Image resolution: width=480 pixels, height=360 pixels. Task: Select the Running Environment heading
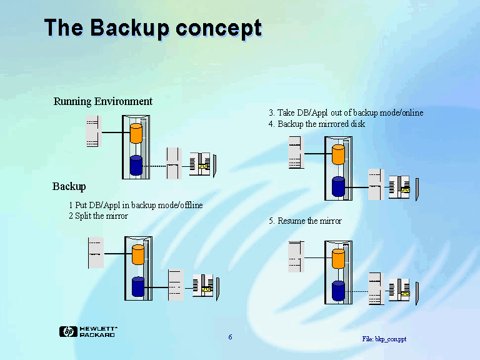(x=103, y=101)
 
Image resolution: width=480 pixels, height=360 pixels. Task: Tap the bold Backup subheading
(x=69, y=186)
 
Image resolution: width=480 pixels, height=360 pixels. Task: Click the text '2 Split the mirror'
(x=98, y=216)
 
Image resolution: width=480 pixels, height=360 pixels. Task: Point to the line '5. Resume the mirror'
(x=305, y=221)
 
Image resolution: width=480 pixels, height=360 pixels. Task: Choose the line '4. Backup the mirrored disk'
(x=317, y=124)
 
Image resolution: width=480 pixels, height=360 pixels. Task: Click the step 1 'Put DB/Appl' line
(x=136, y=205)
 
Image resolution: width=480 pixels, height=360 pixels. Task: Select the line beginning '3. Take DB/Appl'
(x=346, y=112)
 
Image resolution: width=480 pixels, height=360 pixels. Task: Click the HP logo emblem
(x=67, y=332)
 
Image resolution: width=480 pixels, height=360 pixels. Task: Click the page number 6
(x=230, y=337)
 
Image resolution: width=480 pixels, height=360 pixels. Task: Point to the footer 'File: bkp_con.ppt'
(x=384, y=339)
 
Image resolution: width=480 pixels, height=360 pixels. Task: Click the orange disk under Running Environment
(x=136, y=133)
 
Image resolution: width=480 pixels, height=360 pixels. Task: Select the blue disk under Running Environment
(x=136, y=166)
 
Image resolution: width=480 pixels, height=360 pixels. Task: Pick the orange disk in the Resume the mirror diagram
(x=338, y=258)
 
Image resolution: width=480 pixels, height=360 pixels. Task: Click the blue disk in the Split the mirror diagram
(x=138, y=286)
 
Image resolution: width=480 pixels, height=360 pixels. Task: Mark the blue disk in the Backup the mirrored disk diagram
(x=338, y=186)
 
